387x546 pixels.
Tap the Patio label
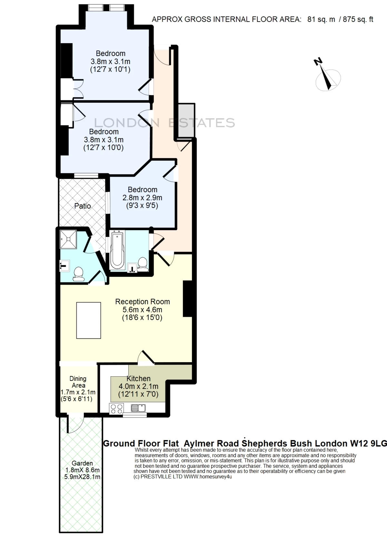point(83,206)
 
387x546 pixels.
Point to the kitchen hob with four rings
point(117,409)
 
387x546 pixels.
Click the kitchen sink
point(138,408)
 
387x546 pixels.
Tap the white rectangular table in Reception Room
point(88,320)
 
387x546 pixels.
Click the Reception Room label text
point(143,302)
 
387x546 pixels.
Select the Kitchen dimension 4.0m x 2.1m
point(138,386)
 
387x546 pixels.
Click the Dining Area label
point(78,382)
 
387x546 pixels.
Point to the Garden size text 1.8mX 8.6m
point(82,470)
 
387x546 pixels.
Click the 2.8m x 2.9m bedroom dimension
point(142,198)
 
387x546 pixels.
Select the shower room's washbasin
point(65,266)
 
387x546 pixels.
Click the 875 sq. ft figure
point(358,19)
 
